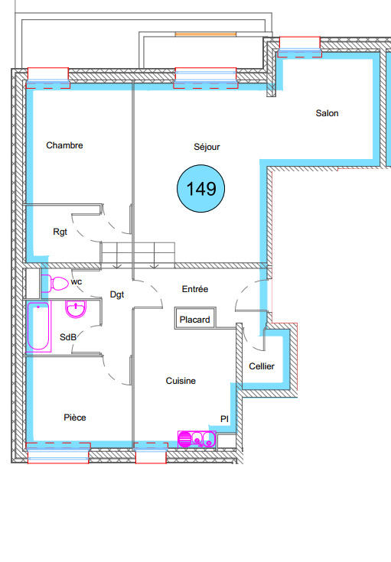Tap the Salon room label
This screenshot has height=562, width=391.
coord(327,113)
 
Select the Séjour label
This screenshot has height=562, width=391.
coord(207,147)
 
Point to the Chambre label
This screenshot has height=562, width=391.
coord(64,145)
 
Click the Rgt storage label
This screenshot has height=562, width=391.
coord(60,232)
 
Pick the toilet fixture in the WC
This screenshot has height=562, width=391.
coord(57,284)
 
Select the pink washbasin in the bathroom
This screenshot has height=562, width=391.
coord(76,310)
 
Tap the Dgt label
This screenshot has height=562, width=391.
coord(117,294)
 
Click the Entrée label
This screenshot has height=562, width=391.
coord(194,289)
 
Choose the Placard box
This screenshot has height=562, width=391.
coord(195,320)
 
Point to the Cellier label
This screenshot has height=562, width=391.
coord(262,367)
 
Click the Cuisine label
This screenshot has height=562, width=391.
coord(181,381)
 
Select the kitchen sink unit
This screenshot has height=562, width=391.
coord(197,439)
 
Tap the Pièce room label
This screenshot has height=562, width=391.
coord(74,417)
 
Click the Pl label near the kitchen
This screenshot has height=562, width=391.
coord(224,419)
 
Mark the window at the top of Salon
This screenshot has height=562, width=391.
coord(299,47)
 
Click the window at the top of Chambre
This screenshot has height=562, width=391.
coord(49,75)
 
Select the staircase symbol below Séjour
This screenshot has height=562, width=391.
coord(138,253)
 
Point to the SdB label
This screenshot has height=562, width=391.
coord(67,338)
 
